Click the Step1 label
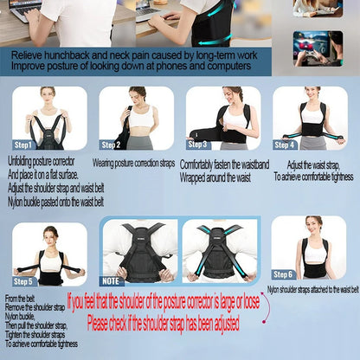pos(23,145)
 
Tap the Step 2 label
pos(111,145)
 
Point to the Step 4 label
pos(286,145)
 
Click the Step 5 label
pos(24,280)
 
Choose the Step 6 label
pos(283,274)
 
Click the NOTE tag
pos(112,280)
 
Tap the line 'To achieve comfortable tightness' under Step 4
pos(313,176)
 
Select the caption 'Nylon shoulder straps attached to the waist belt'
pos(312,291)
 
